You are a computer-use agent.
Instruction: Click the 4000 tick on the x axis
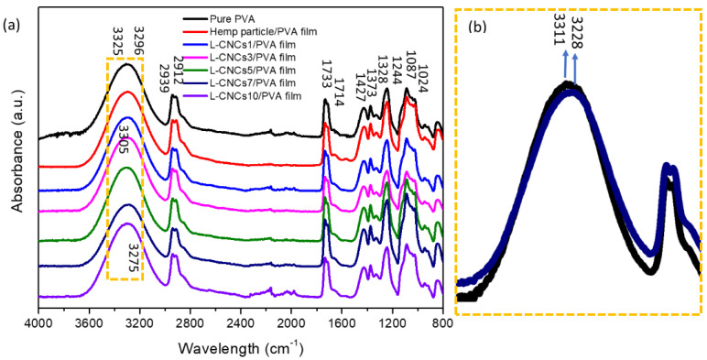click(x=38, y=322)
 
